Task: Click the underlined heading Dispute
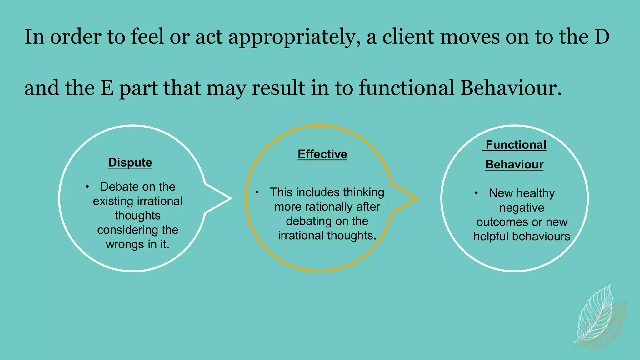pos(130,162)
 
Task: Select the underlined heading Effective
pos(322,154)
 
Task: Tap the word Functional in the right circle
pos(516,145)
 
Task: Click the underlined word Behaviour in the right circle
pos(514,165)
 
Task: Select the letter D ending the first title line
pos(602,37)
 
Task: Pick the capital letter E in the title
pos(107,88)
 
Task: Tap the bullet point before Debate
pos(87,187)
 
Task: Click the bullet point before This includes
pos(257,192)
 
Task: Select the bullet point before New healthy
pos(476,193)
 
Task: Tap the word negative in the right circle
pos(522,208)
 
